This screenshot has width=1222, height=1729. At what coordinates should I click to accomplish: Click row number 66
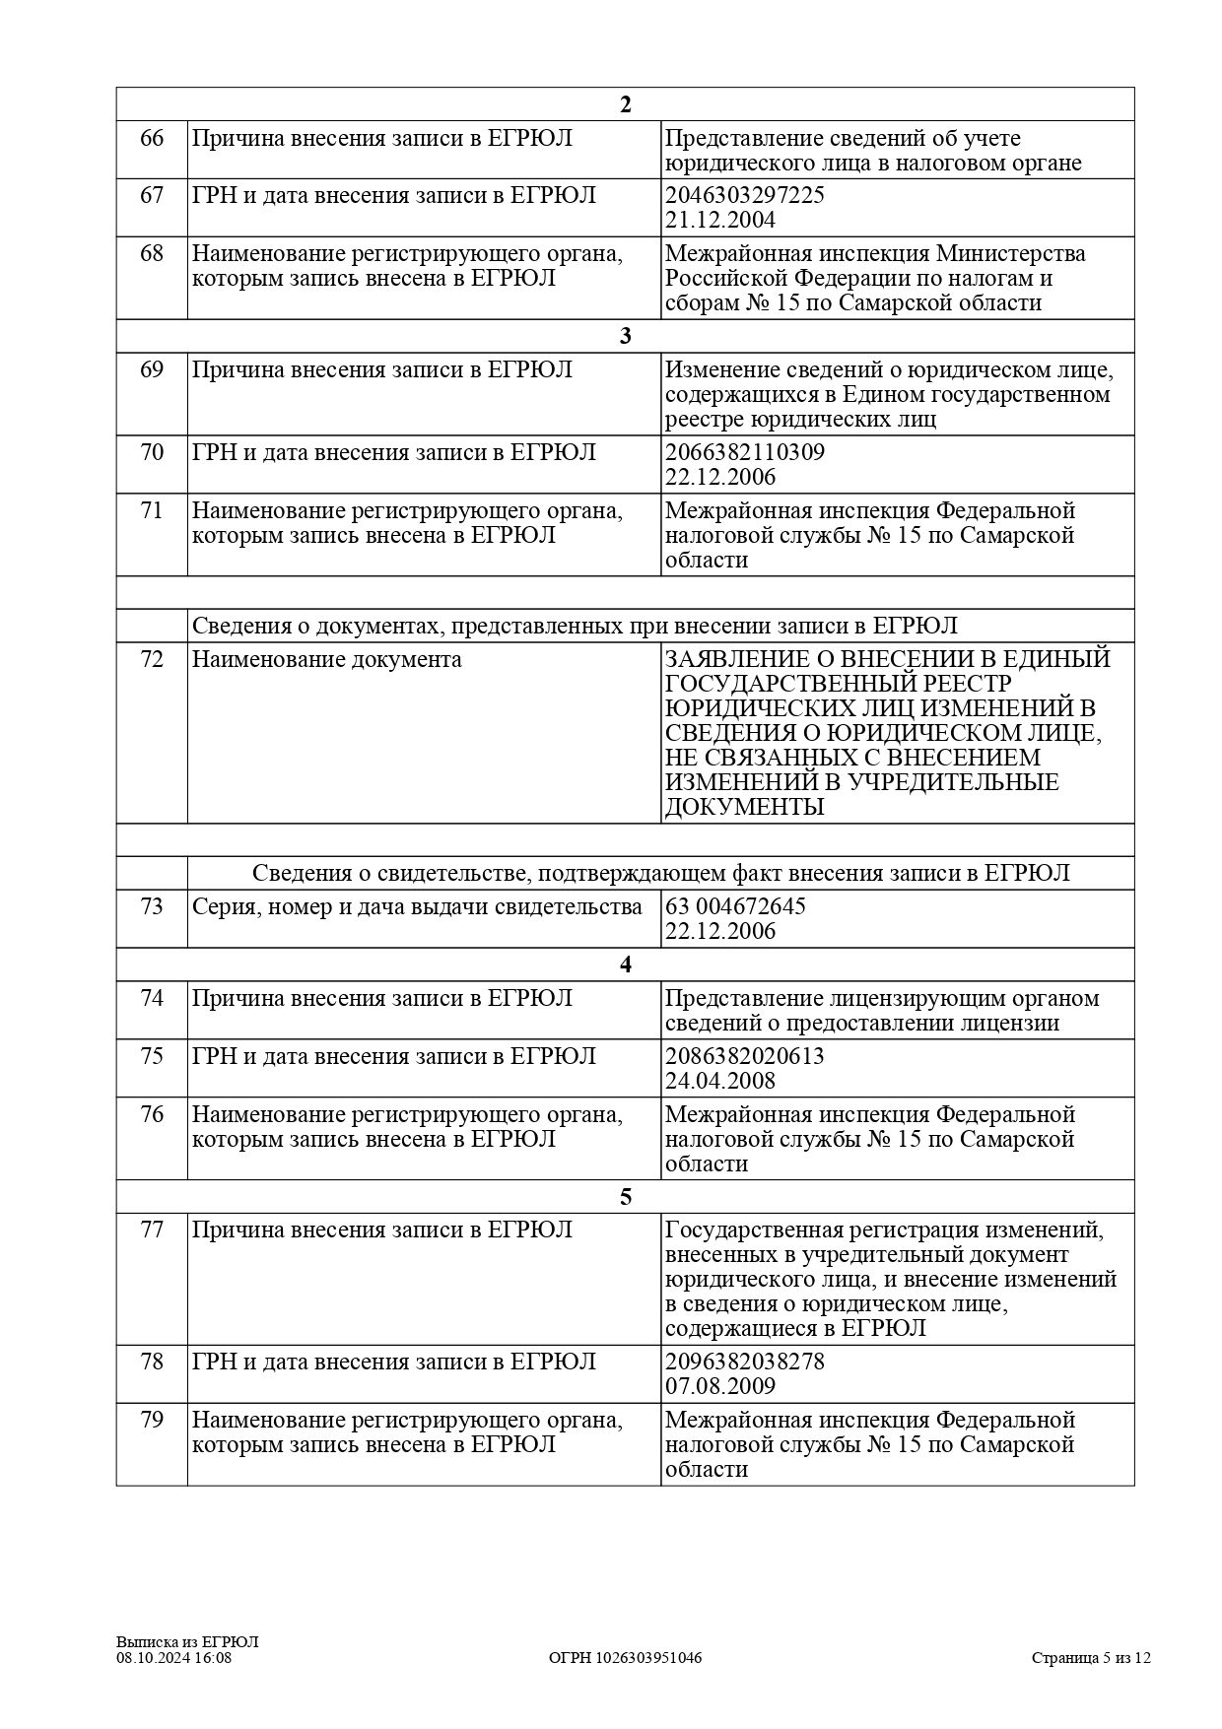152,138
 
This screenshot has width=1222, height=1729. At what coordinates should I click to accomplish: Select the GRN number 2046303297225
745,195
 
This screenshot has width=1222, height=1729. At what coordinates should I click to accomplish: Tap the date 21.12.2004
720,220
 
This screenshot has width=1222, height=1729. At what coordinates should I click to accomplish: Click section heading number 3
625,336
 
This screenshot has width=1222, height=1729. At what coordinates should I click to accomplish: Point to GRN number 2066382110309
745,453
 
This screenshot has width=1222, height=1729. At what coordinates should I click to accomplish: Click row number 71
152,511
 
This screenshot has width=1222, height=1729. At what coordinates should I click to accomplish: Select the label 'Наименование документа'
326,659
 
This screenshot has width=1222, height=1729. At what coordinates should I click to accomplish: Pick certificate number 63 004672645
735,906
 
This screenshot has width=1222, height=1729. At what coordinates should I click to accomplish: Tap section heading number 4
625,964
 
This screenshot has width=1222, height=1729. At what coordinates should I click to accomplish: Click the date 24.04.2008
720,1081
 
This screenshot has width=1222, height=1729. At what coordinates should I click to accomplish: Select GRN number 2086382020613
745,1056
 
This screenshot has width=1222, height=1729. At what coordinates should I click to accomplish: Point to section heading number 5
625,1197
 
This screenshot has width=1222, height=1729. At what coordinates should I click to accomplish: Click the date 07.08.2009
720,1386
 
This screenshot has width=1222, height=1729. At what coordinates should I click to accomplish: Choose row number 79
152,1421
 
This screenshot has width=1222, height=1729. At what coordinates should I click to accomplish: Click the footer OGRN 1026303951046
625,1658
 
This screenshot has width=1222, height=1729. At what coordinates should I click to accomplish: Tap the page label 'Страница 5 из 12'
1091,1658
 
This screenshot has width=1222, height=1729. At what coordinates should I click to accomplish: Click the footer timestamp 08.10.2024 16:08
174,1658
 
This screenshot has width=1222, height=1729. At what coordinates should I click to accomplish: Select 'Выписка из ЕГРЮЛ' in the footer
187,1642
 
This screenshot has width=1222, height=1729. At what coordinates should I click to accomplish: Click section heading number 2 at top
625,104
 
